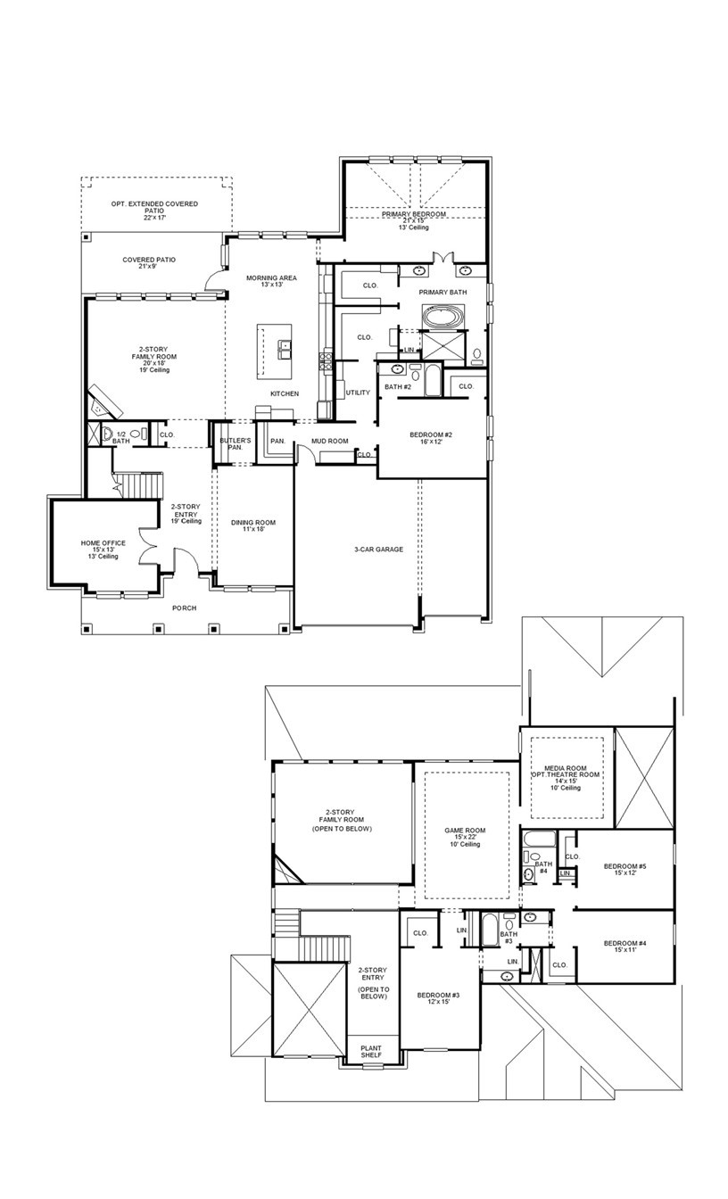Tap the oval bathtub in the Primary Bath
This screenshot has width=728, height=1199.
coord(443,317)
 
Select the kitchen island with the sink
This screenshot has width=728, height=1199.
coord(275,351)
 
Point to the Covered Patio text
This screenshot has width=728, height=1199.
coord(149,260)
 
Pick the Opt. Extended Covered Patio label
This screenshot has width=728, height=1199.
coord(154,204)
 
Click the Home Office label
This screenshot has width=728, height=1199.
coord(103,543)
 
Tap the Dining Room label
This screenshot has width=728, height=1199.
coord(254,523)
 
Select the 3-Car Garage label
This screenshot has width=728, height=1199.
coord(378,550)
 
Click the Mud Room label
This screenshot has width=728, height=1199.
coord(329,441)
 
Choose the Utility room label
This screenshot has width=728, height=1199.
coord(358,393)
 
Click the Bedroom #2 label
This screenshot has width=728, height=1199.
coord(431,434)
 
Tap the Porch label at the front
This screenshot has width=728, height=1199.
coord(184,608)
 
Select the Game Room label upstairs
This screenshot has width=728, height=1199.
coord(466,831)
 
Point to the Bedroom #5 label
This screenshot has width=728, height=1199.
coord(624,866)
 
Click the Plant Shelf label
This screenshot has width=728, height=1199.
coord(370,1052)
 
